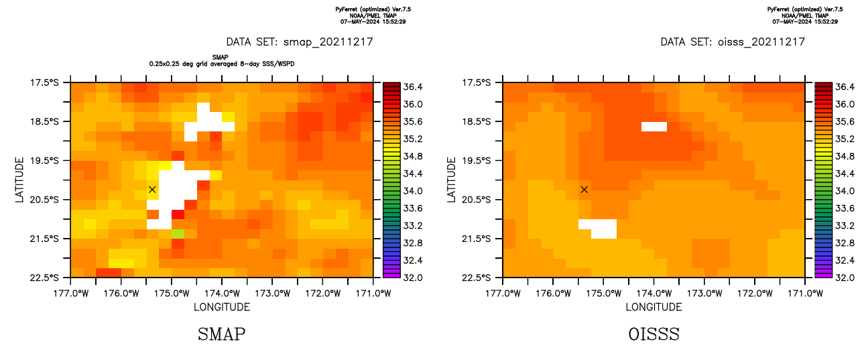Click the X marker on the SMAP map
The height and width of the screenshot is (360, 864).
pos(152,190)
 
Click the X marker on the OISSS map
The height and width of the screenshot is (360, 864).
pos(584,190)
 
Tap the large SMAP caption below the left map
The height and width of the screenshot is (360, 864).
pos(221,334)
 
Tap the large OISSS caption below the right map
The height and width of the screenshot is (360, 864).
pos(654,334)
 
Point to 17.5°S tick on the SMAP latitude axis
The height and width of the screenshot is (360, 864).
pos(71,82)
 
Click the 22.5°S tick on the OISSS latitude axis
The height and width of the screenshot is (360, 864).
pos(503,277)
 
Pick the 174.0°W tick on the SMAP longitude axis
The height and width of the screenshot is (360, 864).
pos(222,277)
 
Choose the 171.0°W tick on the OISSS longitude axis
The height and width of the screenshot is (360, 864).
pos(804,277)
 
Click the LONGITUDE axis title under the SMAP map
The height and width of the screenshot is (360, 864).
pos(222,307)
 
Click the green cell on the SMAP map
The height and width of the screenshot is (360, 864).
pos(178,233)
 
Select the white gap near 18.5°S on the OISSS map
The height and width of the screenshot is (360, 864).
pos(654,126)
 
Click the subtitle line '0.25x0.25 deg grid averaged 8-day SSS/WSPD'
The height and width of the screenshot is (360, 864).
pos(221,64)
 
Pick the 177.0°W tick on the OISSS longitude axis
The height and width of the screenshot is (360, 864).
pos(503,277)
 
